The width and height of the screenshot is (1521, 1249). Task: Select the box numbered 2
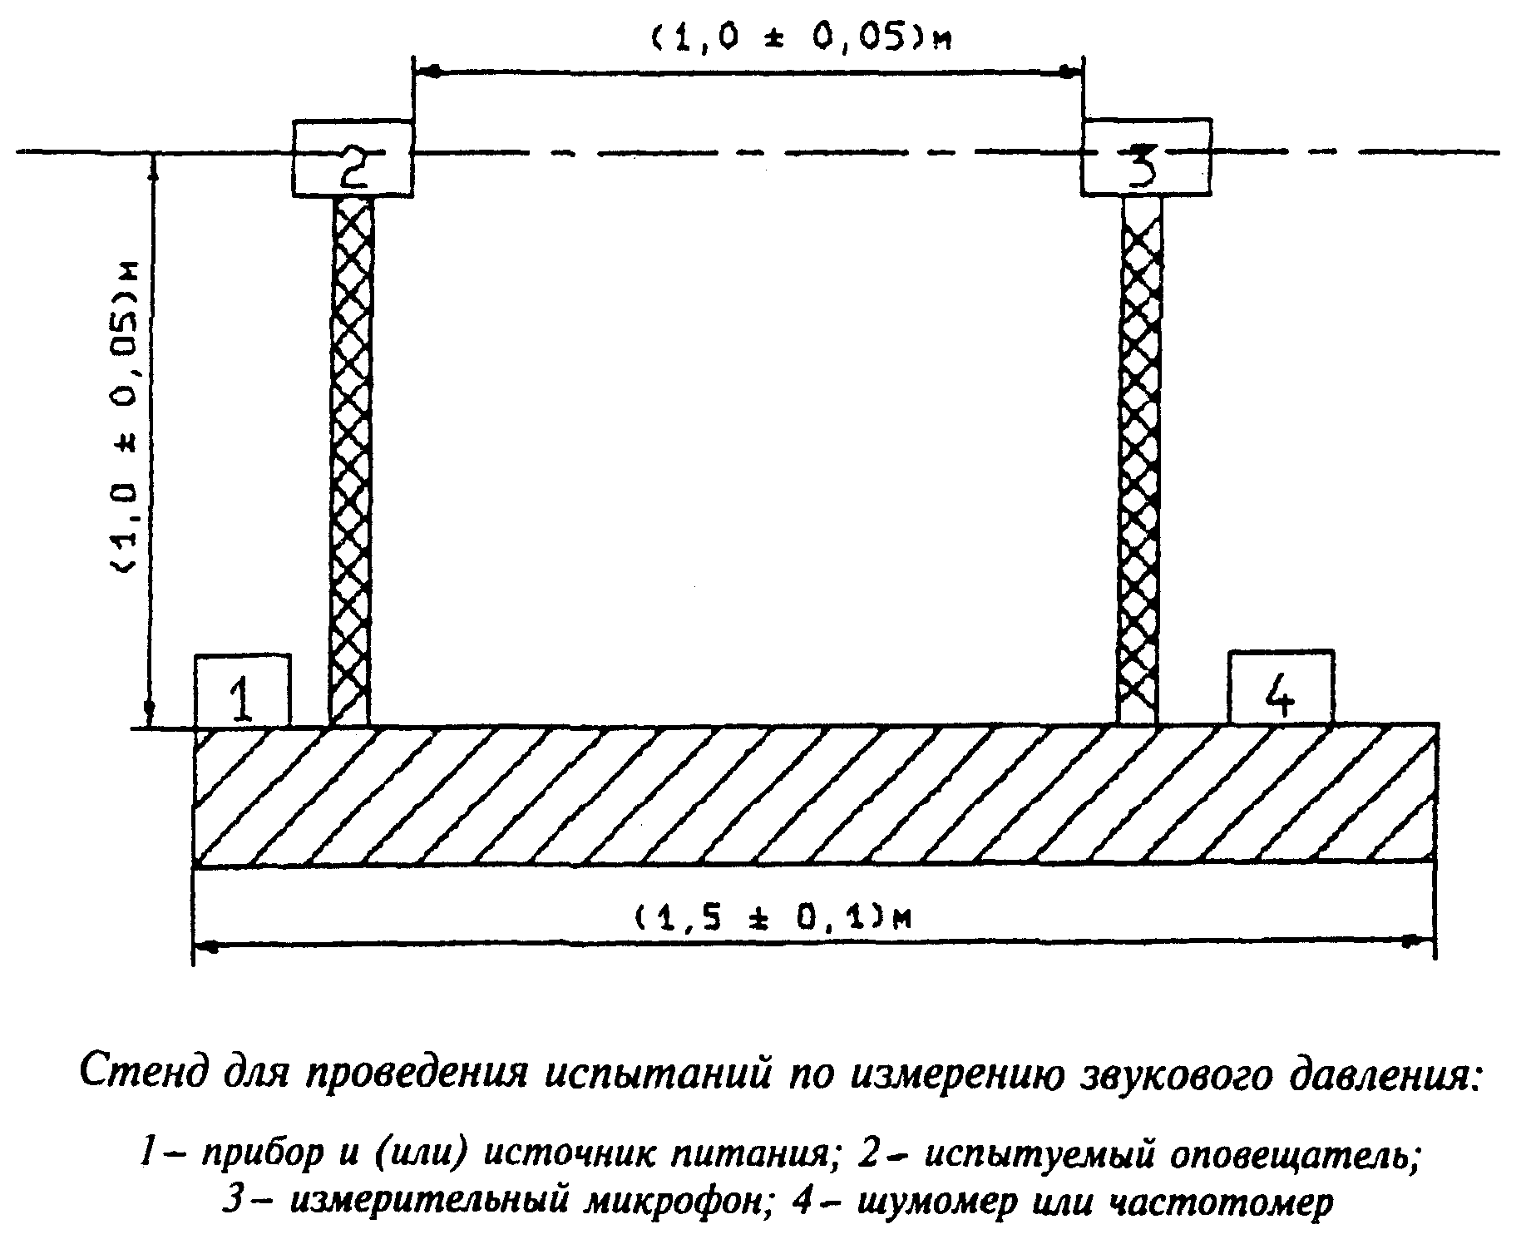click(x=353, y=158)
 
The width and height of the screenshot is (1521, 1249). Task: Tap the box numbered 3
click(x=1145, y=157)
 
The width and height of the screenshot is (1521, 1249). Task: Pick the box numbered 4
click(x=1281, y=688)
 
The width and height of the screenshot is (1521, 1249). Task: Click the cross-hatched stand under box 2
click(x=351, y=462)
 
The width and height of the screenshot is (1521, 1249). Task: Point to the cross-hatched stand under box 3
click(x=1139, y=461)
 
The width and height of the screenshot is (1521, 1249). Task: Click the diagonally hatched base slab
click(x=815, y=797)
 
